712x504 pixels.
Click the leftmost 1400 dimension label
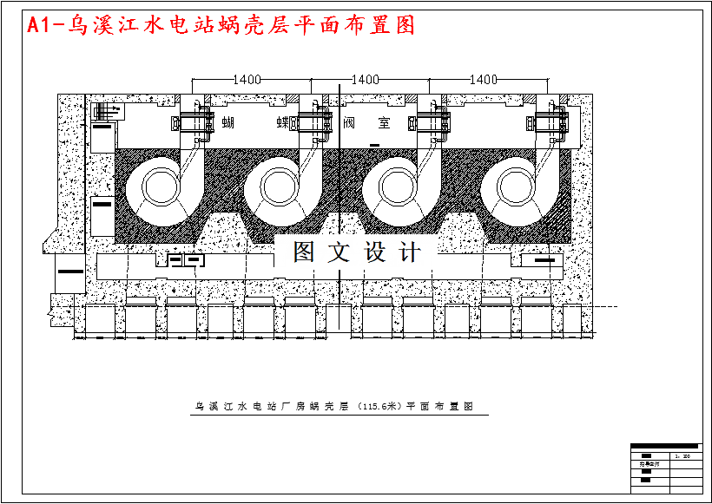click(x=247, y=80)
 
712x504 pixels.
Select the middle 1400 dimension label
click(x=366, y=80)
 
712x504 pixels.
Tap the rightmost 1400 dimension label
click(x=483, y=80)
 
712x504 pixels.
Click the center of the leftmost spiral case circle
click(x=158, y=185)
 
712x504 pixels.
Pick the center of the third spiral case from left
click(x=395, y=185)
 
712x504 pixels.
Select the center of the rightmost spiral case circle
click(x=514, y=185)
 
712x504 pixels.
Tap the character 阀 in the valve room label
click(x=350, y=123)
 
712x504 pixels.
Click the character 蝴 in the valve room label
click(x=229, y=123)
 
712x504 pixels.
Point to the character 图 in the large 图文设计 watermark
click(x=306, y=252)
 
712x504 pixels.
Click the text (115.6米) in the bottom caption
click(x=379, y=406)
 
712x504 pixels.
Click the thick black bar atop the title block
click(x=664, y=446)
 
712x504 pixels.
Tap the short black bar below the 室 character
click(x=374, y=144)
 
